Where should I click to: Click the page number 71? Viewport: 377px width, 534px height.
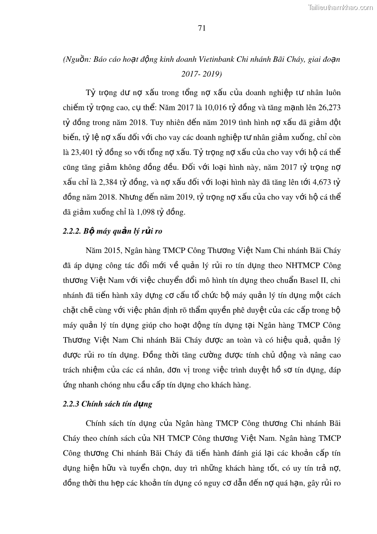coord(201,28)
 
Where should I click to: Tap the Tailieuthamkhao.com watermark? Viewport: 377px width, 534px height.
coord(340,7)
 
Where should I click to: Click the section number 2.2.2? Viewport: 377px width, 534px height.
coord(72,232)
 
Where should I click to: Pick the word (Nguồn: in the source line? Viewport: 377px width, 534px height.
coord(77,60)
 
